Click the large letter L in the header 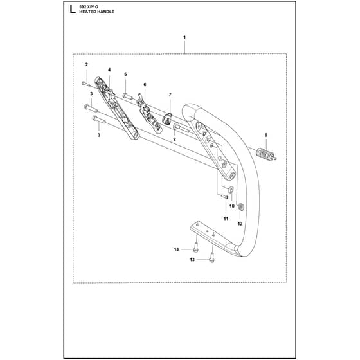pyautogui.click(x=73, y=10)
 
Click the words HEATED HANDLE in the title pyautogui.click(x=96, y=12)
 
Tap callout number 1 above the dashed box pyautogui.click(x=184, y=37)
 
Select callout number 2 pyautogui.click(x=87, y=65)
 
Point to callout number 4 pyautogui.click(x=109, y=70)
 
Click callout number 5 pyautogui.click(x=125, y=74)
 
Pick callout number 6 pyautogui.click(x=145, y=85)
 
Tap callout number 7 pyautogui.click(x=170, y=94)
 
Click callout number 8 pyautogui.click(x=174, y=139)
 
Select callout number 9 pyautogui.click(x=266, y=135)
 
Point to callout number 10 pyautogui.click(x=232, y=206)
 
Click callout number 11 pyautogui.click(x=226, y=219)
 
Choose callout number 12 pyautogui.click(x=240, y=224)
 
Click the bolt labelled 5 pyautogui.click(x=127, y=96)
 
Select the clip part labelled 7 pyautogui.click(x=167, y=118)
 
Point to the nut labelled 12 pyautogui.click(x=241, y=207)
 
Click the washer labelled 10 pyautogui.click(x=231, y=190)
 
